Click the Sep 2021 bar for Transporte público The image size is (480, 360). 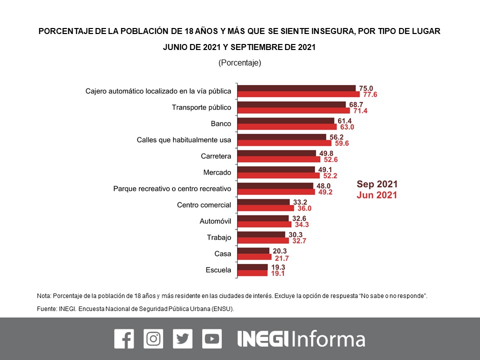pos(291,104)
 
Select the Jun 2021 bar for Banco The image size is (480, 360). pos(287,127)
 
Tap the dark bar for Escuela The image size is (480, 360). pos(252,267)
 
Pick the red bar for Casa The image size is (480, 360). pos(254,257)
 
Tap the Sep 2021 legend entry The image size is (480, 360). pos(376,183)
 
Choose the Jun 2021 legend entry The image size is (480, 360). pos(376,195)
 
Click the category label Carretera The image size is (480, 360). pos(215,156)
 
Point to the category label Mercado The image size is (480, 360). pos(217,172)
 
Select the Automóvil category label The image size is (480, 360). pos(215,221)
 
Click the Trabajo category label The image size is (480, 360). pos(219,237)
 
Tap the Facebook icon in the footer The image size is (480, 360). pos(124,338)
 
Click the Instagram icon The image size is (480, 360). pos(153,338)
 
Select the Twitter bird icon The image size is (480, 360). pos(182,338)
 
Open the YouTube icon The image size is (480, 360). pos(212,338)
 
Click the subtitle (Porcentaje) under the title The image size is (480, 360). pos(240,63)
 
